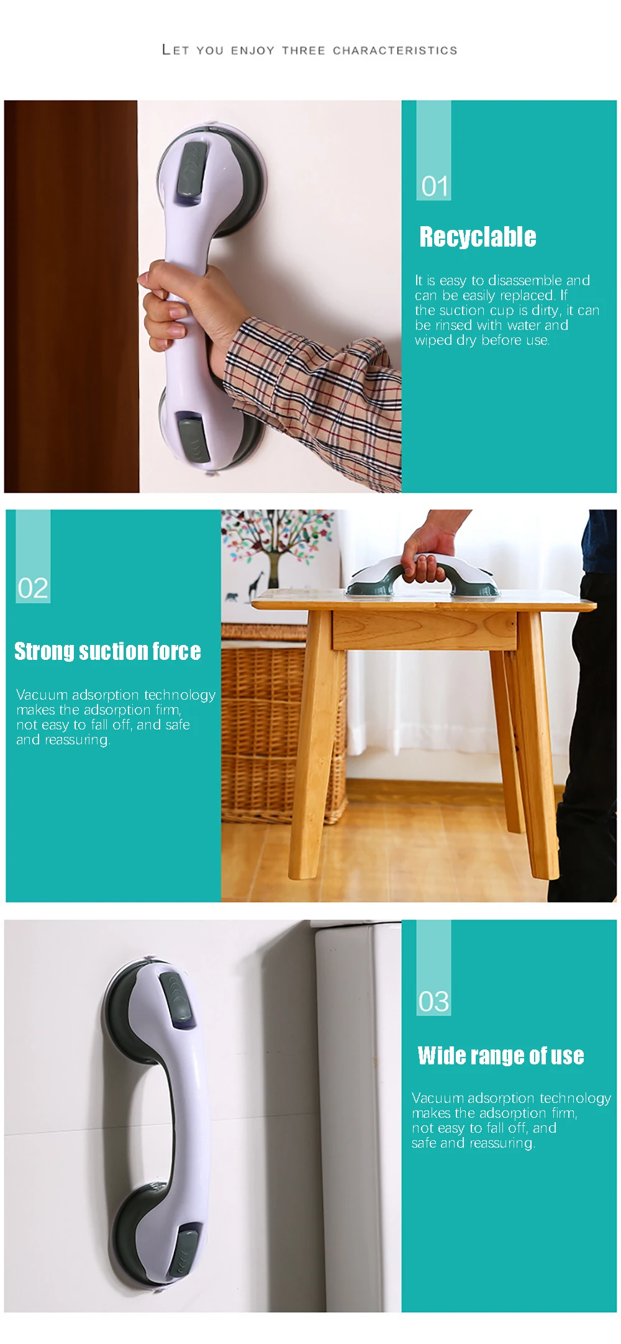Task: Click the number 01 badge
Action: tap(434, 186)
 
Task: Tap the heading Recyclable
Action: tap(478, 237)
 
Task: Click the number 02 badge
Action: tap(33, 588)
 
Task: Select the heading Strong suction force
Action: tap(107, 651)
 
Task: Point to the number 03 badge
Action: tap(433, 1001)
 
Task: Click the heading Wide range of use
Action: tap(501, 1055)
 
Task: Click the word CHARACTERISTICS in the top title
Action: tap(395, 50)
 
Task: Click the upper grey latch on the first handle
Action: tap(194, 171)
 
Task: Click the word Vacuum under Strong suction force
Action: tap(42, 695)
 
